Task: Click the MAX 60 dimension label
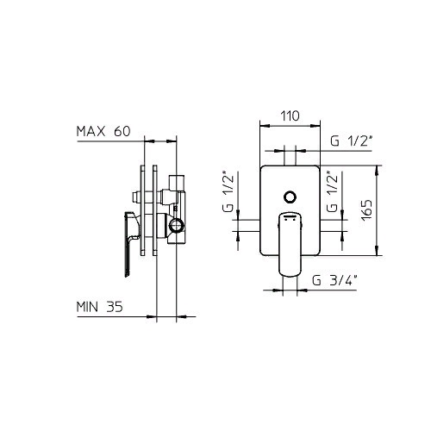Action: [103, 131]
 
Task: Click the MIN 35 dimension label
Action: [99, 307]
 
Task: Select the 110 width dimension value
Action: [290, 116]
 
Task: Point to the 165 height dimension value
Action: [366, 210]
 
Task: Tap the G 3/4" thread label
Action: [334, 280]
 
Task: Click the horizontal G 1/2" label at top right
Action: [352, 141]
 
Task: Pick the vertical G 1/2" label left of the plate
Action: [228, 191]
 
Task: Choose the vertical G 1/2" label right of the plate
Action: [332, 191]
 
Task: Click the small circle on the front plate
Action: [290, 197]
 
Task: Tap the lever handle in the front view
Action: [290, 244]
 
